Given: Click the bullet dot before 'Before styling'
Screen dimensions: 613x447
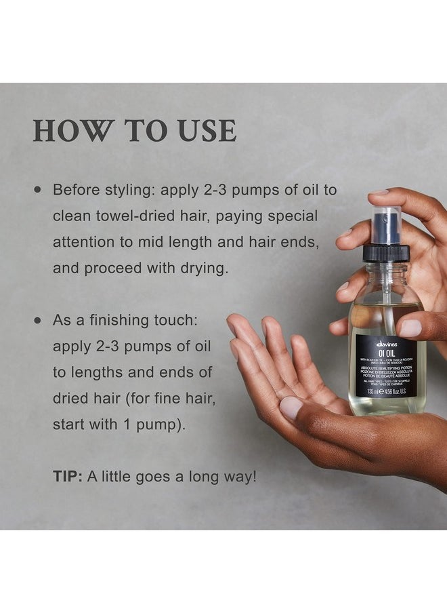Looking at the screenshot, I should pos(37,191).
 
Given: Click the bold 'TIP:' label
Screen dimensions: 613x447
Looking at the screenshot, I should pos(68,477).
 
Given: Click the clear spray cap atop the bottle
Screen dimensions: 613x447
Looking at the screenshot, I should pos(385,224).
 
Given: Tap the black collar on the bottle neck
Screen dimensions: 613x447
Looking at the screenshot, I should pos(386,253).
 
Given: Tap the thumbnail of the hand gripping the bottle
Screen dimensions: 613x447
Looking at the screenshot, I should pos(411,328).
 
